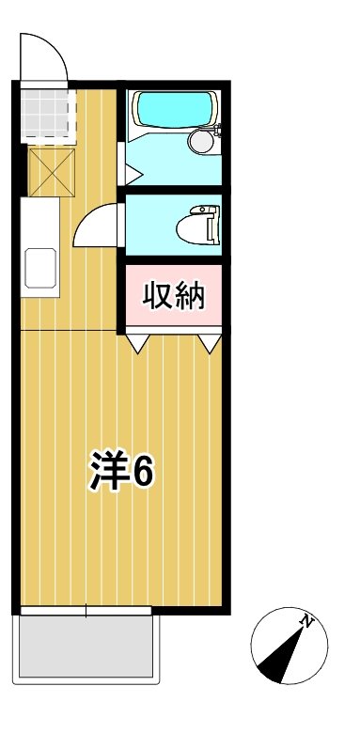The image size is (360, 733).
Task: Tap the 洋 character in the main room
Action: coord(109,473)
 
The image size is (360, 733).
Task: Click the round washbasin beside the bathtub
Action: coord(200,141)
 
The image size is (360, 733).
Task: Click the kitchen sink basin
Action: coord(41,268)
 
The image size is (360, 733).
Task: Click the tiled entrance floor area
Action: coord(45,115)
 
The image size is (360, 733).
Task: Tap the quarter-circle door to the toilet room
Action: coord(97,227)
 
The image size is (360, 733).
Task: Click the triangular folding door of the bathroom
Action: coord(132,174)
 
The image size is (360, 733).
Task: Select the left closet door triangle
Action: coord(139,344)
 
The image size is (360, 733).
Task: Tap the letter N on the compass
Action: coord(306,621)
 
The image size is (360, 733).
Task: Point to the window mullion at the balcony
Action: coord(86,612)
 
